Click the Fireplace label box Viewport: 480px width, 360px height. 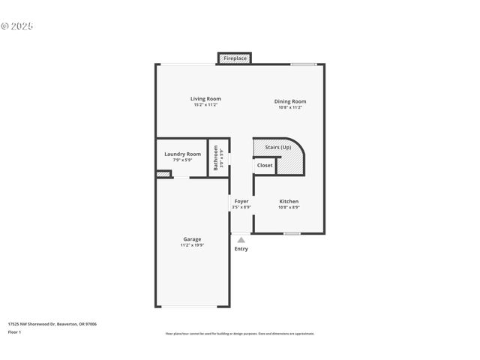coord(235,58)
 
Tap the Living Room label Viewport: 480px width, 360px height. coord(205,99)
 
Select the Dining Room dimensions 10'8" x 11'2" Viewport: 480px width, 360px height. coord(289,108)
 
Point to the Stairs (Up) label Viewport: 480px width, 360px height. coord(278,147)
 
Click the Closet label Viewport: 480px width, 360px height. coord(265,165)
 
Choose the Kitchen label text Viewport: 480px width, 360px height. coord(289,201)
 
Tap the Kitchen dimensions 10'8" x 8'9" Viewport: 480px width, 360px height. coord(289,208)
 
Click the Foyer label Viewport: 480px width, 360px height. coord(241,201)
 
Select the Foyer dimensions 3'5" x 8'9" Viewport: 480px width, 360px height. coord(241,208)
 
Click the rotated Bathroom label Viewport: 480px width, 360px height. coord(216,157)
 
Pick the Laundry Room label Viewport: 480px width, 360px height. coord(182,154)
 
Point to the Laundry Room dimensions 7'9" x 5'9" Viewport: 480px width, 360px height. coord(182,160)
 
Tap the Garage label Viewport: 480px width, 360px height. coord(192,239)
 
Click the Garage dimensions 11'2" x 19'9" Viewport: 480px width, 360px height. coord(192,246)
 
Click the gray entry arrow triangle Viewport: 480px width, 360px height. coord(241,240)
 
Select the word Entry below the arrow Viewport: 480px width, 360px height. coord(241,249)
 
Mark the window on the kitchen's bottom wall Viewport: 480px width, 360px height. coord(292,233)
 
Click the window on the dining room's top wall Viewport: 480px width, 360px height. coord(303,64)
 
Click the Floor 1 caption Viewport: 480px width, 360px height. coord(13,331)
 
